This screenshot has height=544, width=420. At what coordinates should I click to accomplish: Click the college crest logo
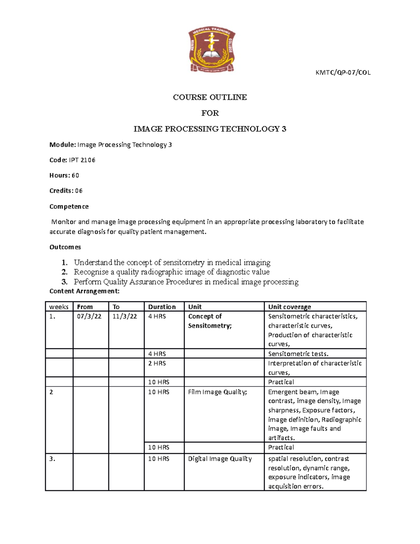pyautogui.click(x=212, y=50)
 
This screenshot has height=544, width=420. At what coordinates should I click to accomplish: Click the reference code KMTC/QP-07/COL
pyautogui.click(x=343, y=73)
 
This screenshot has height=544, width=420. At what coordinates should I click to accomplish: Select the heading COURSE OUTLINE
pyautogui.click(x=210, y=97)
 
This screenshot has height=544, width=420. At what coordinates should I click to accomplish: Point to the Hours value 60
pyautogui.click(x=75, y=175)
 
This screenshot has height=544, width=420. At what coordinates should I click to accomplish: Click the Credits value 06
pyautogui.click(x=79, y=191)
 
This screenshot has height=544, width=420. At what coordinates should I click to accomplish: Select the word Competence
pyautogui.click(x=69, y=207)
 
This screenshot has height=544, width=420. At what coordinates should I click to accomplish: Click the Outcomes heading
pyautogui.click(x=65, y=247)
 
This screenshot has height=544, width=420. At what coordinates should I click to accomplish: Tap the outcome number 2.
pyautogui.click(x=64, y=272)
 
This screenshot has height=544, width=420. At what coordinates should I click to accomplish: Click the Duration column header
pyautogui.click(x=162, y=307)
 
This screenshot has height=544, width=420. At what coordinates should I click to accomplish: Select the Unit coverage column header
pyautogui.click(x=289, y=307)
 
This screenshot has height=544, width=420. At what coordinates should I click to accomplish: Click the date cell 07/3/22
pyautogui.click(x=89, y=316)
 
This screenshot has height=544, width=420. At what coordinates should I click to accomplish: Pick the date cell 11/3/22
pyautogui.click(x=125, y=316)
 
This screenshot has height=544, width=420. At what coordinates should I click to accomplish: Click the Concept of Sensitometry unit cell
pyautogui.click(x=210, y=321)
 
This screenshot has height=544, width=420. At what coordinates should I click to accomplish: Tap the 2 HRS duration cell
pyautogui.click(x=157, y=364)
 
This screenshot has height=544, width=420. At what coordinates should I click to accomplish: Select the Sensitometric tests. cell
pyautogui.click(x=298, y=354)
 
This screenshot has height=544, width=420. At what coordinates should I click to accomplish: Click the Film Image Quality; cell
pyautogui.click(x=217, y=392)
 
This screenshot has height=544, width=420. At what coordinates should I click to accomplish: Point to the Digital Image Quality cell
pyautogui.click(x=220, y=459)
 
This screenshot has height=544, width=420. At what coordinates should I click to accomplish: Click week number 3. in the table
pyautogui.click(x=52, y=459)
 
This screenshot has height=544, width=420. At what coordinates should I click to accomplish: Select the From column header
pyautogui.click(x=85, y=307)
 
